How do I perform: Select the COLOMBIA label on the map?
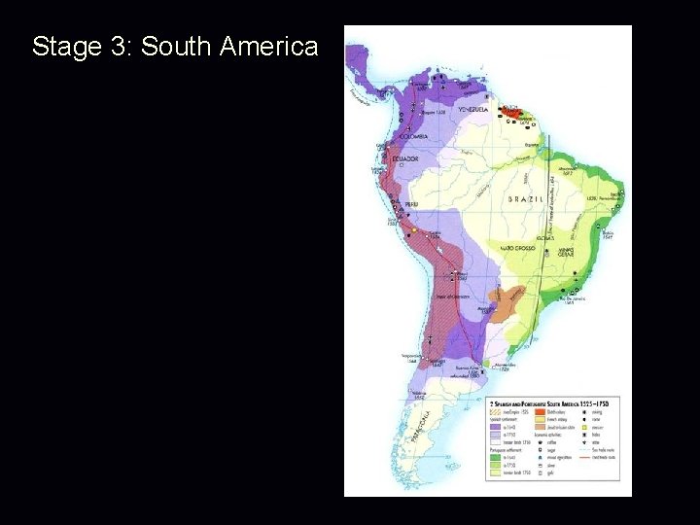pyautogui.click(x=412, y=136)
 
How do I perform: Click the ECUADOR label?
pyautogui.click(x=405, y=157)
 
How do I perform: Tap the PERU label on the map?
pyautogui.click(x=413, y=203)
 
